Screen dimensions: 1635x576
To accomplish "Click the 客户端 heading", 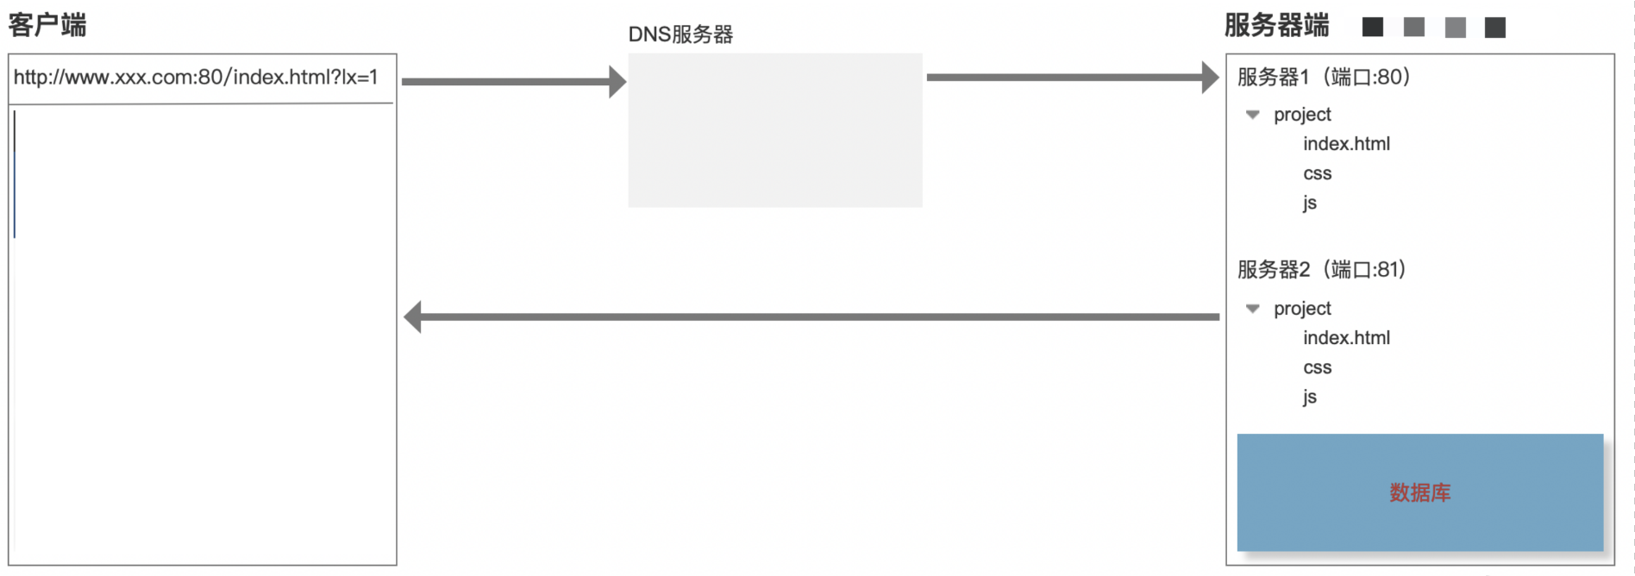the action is tap(47, 25).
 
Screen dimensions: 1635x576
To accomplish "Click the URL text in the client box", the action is tap(196, 77).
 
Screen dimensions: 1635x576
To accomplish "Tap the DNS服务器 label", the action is tap(680, 34).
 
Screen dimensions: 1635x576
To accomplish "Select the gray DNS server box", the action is tap(775, 130).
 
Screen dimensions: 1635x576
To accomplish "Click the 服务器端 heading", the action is tap(1277, 25).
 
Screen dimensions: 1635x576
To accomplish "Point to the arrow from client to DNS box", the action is tap(514, 82).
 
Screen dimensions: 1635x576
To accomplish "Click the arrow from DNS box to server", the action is tap(1073, 78).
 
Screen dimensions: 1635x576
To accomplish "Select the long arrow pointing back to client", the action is tap(811, 317).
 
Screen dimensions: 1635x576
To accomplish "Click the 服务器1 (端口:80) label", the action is tap(1324, 77).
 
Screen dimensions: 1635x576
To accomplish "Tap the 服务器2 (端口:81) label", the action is tap(1322, 270).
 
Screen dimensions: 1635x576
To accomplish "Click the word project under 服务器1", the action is tap(1302, 115).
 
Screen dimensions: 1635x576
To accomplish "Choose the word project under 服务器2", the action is tap(1302, 309).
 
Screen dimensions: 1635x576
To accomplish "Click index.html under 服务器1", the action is tap(1346, 144).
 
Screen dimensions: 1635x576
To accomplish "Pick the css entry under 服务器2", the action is tap(1317, 368).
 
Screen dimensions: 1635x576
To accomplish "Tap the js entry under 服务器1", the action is tap(1310, 203).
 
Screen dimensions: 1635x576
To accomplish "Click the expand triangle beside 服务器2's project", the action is tap(1253, 309).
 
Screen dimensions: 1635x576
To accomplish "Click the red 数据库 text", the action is tap(1420, 492).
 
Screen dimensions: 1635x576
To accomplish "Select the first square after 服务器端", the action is tap(1373, 28).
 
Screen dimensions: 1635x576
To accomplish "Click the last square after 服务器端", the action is tap(1495, 28).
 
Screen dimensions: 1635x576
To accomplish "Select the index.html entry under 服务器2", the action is tap(1346, 338).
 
